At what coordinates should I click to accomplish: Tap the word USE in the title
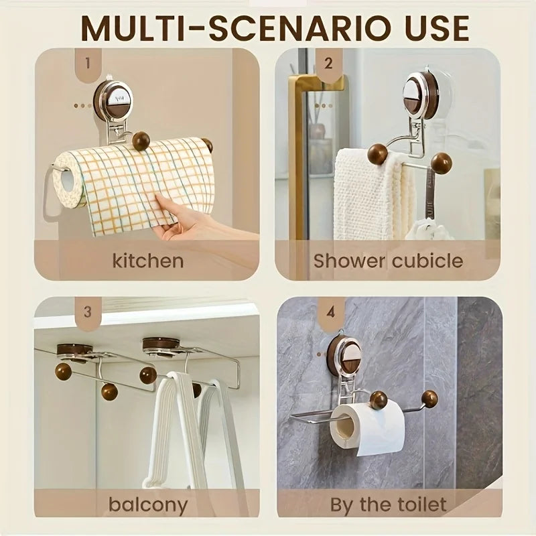click(438, 28)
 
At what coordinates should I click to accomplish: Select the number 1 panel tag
click(88, 64)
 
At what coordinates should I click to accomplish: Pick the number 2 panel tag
click(328, 64)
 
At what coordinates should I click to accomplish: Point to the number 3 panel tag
click(88, 313)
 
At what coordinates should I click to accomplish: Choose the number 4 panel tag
click(330, 313)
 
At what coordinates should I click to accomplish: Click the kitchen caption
click(147, 261)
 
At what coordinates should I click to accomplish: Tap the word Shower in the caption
click(349, 261)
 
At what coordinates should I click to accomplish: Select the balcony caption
click(148, 506)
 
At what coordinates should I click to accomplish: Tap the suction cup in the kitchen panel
click(110, 97)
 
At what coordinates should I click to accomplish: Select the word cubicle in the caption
click(427, 261)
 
